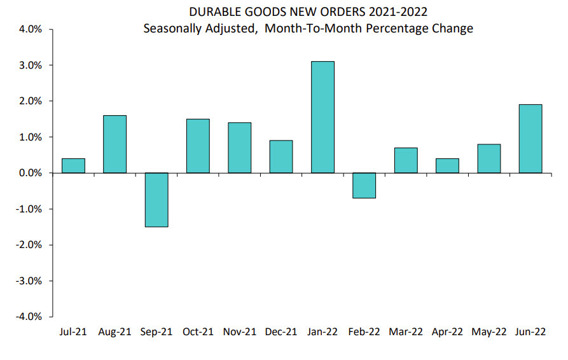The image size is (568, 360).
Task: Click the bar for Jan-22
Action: (x=322, y=117)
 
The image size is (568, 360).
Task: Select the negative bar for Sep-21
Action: (x=156, y=200)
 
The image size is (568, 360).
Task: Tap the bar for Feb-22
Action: (x=364, y=185)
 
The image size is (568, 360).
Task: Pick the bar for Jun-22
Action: (x=530, y=139)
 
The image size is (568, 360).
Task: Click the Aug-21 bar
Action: (x=114, y=144)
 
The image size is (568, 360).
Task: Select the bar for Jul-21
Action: (x=73, y=165)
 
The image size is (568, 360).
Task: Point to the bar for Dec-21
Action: (x=281, y=156)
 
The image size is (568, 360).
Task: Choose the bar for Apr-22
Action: (x=447, y=165)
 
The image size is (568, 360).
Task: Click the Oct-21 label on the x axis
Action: (x=198, y=332)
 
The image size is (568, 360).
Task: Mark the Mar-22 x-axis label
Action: (x=405, y=332)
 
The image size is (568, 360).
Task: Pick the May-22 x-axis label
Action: (x=489, y=332)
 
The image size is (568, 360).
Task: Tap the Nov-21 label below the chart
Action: (x=239, y=332)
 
